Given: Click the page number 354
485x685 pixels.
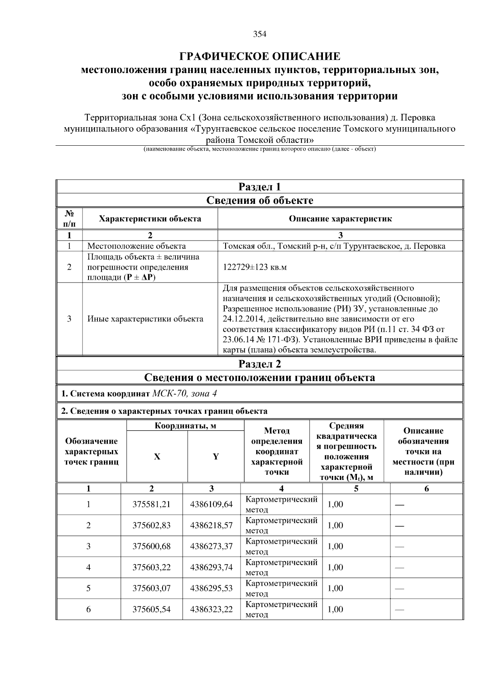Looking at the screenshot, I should (x=259, y=34).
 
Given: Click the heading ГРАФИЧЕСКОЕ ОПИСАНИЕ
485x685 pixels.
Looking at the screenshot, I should (x=259, y=56).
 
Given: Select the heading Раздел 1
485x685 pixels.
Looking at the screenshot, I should (x=259, y=187).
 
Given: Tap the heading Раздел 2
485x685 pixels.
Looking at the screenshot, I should (x=259, y=364).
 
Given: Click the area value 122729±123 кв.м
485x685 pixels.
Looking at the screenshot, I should (x=255, y=267).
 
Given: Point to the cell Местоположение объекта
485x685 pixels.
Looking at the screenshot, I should (x=137, y=246).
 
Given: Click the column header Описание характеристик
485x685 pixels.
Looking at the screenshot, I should (x=340, y=219).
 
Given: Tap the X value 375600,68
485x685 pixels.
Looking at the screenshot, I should (x=152, y=547).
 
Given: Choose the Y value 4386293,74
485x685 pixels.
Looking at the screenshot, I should (x=211, y=568).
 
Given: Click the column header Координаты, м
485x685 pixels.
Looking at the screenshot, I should (x=186, y=426).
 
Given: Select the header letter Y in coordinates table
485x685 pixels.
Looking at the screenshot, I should (x=216, y=457).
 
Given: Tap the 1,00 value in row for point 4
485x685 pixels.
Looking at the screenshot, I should (x=335, y=568).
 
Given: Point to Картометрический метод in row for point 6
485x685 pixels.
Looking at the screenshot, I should (x=281, y=610).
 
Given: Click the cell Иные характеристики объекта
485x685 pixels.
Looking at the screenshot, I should (x=145, y=319).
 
